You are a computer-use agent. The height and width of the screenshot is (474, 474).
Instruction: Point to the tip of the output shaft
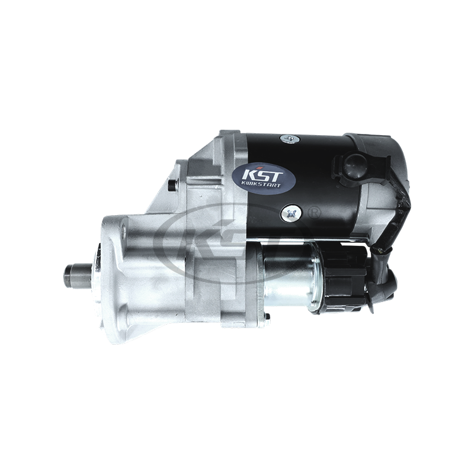(67, 276)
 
